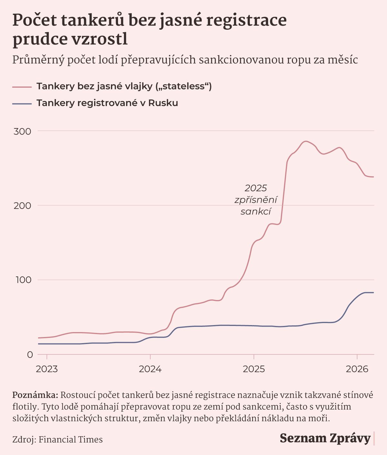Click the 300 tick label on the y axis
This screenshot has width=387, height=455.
[x=23, y=131]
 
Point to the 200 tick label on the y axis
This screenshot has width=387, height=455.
[x=23, y=205]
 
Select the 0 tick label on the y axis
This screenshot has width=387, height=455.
[x=30, y=354]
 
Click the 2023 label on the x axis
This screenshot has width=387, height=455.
[x=47, y=369]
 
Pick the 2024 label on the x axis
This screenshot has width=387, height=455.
[x=150, y=369]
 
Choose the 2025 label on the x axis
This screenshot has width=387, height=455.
[x=254, y=369]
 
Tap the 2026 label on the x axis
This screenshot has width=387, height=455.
[x=357, y=369]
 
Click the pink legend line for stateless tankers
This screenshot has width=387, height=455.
[x=22, y=87]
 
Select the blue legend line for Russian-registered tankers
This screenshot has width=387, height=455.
[x=22, y=104]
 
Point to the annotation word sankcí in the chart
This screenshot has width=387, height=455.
[x=256, y=212]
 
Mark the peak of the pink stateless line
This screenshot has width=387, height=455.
[x=305, y=141]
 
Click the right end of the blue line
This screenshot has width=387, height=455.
[x=373, y=292]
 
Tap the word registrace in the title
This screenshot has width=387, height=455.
[x=246, y=20]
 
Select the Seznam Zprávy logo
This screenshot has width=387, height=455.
[x=325, y=438]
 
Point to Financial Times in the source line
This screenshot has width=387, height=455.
[x=71, y=440]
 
